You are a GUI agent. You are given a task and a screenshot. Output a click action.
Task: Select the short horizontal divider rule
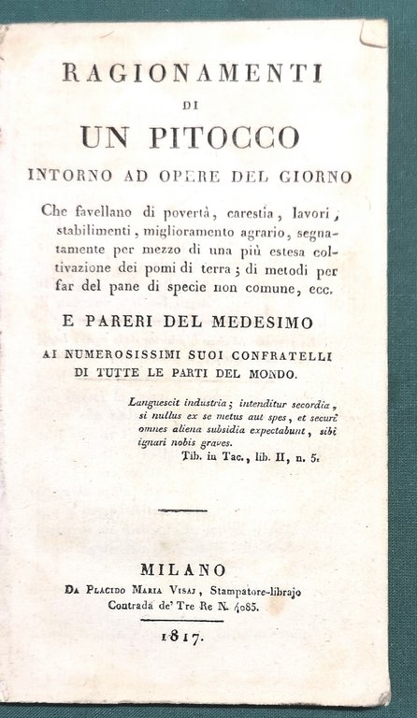tap(183, 510)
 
